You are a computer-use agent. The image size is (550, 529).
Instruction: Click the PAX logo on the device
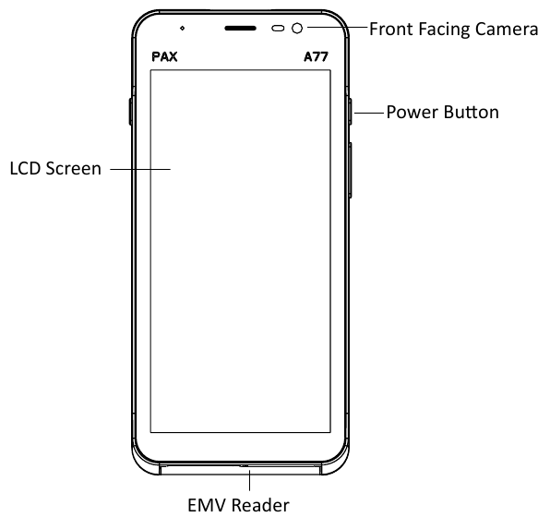164,57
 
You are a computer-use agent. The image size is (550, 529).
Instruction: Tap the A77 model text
316,57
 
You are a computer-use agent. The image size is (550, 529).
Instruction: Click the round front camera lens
297,29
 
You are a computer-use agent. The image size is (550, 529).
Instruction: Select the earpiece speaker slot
240,29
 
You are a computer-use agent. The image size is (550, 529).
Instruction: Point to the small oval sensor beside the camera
278,29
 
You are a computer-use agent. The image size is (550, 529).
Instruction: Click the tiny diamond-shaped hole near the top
182,28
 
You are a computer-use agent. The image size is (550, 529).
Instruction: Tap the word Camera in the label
506,30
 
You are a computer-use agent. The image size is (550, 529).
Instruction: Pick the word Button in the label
471,113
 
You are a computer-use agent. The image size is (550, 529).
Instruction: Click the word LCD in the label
25,169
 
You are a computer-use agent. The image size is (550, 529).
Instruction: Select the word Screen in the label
73,169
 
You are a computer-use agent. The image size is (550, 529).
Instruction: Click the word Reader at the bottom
260,506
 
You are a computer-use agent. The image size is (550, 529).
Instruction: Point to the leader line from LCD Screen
140,169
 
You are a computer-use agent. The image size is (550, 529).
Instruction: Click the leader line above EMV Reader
249,479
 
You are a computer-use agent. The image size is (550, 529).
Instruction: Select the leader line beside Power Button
369,113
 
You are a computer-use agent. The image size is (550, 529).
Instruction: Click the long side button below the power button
351,170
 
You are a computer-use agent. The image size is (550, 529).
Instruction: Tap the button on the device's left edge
130,112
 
